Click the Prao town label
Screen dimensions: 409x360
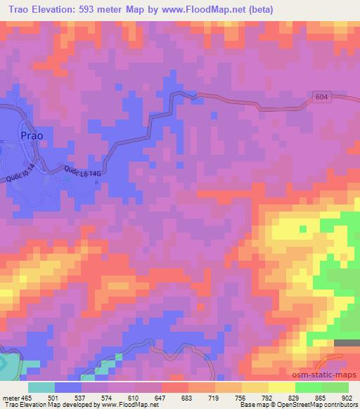pyautogui.click(x=36, y=136)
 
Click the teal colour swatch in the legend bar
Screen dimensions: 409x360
pyautogui.click(x=41, y=387)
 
